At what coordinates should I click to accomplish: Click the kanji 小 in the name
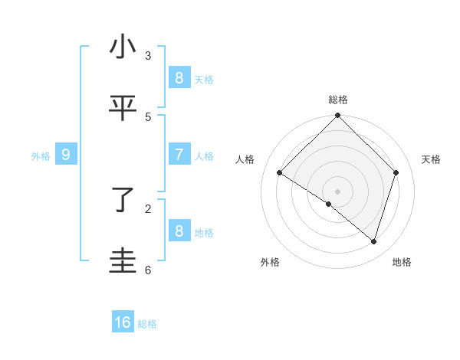[x=123, y=47]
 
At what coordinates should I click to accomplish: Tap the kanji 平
[x=123, y=109]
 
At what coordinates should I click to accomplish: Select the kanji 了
[x=123, y=201]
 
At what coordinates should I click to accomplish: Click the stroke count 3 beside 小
[x=148, y=55]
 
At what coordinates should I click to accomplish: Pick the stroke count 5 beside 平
[x=148, y=116]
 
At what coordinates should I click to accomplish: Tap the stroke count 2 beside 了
[x=148, y=208]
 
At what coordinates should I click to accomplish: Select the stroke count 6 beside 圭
[x=148, y=270]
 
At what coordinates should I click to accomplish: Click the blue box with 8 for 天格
[x=179, y=77]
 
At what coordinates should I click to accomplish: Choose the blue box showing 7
[x=179, y=154]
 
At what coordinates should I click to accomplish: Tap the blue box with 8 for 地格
[x=179, y=231]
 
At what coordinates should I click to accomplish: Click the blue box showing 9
[x=66, y=155]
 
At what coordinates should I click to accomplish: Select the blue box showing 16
[x=123, y=322]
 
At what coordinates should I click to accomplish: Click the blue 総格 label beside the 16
[x=147, y=324]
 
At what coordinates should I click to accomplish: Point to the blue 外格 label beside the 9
[x=41, y=156]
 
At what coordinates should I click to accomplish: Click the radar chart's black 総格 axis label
[x=338, y=100]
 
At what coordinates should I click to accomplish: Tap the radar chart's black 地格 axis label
[x=402, y=262]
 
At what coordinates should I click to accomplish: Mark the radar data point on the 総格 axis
[x=338, y=116]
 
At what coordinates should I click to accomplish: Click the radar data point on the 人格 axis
[x=280, y=173]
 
